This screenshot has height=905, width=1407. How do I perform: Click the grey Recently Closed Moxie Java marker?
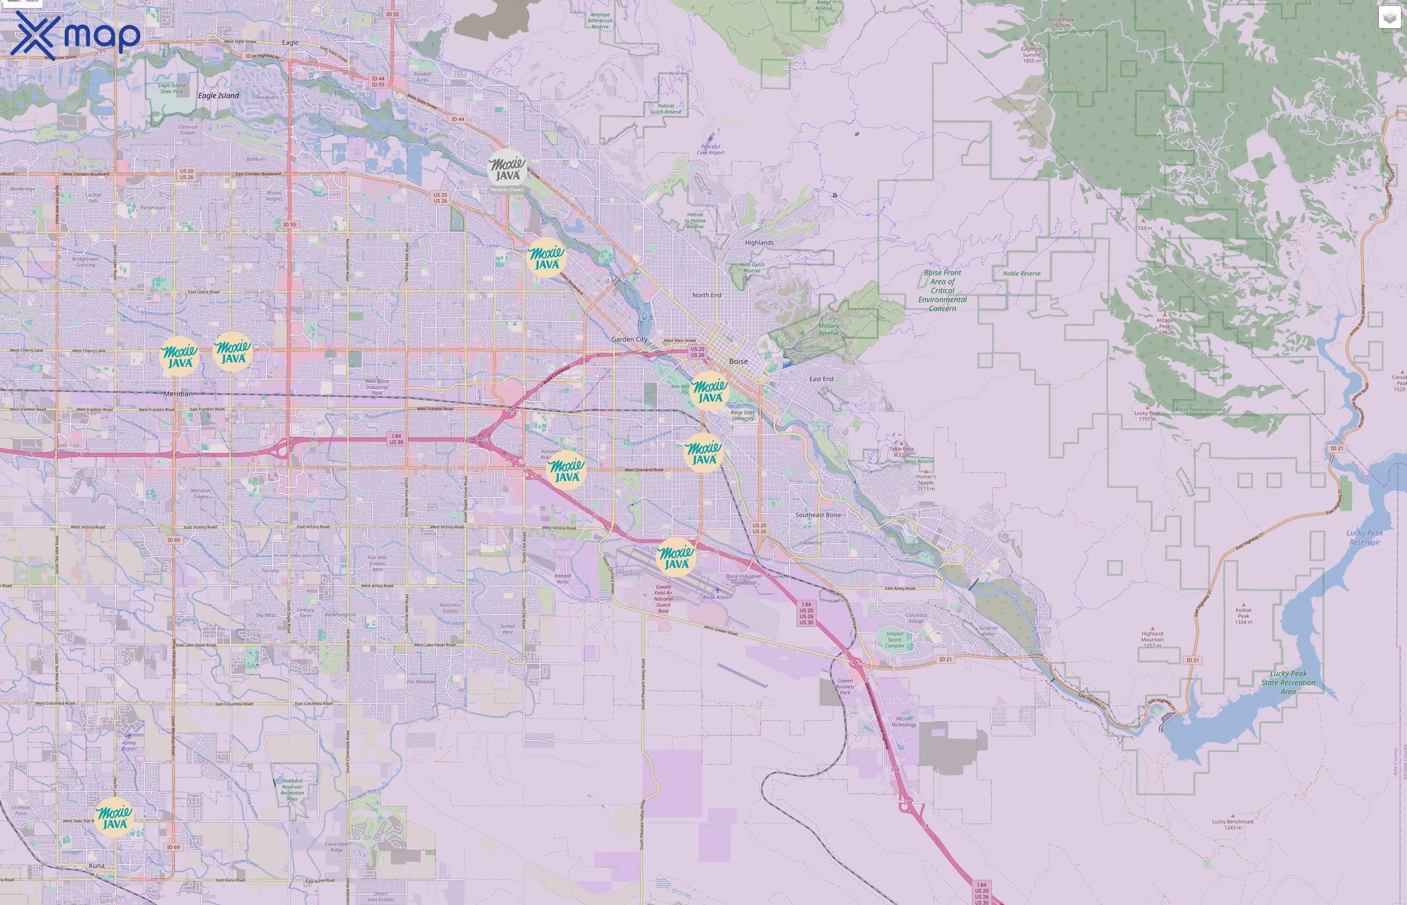click(507, 168)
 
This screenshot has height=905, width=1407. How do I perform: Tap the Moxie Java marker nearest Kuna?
click(114, 817)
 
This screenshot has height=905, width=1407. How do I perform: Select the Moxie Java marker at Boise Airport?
click(676, 557)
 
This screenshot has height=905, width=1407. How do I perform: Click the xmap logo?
click(75, 35)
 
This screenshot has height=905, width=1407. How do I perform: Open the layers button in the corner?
click(1389, 18)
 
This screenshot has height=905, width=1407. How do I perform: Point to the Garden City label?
click(629, 339)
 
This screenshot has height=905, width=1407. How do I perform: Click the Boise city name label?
click(738, 361)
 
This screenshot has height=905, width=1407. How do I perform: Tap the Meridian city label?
click(177, 394)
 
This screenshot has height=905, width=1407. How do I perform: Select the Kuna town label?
click(96, 866)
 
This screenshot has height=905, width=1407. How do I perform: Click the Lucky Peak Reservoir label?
click(1364, 537)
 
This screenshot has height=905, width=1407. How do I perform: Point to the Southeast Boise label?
click(818, 515)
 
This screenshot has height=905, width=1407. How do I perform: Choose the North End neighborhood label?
click(707, 295)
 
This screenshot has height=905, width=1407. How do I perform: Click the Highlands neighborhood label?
click(759, 243)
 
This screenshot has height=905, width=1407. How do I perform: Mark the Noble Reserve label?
click(1021, 274)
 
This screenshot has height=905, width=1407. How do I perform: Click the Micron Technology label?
click(903, 721)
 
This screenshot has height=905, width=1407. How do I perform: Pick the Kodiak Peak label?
click(1243, 615)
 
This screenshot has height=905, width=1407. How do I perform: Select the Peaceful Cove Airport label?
click(711, 149)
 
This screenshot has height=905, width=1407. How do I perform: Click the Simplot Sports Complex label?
click(894, 640)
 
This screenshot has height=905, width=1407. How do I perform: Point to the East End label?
click(821, 379)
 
